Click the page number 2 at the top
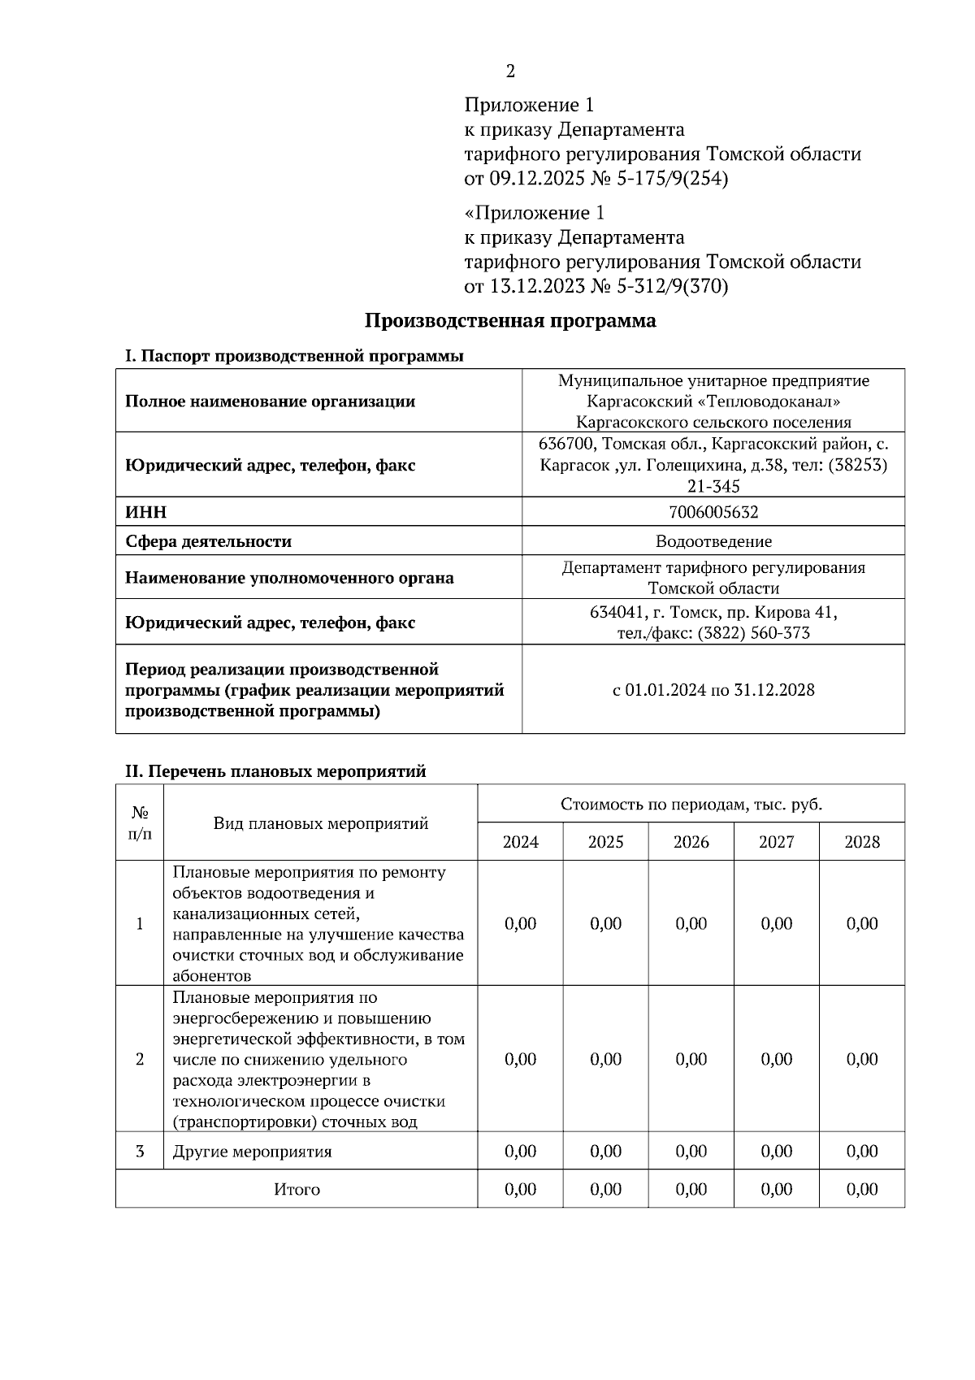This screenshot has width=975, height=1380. [510, 72]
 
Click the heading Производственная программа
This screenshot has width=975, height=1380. [509, 320]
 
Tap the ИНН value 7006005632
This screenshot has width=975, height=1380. [713, 512]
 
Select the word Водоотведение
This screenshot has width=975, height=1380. [713, 541]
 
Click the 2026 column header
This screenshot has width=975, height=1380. [691, 842]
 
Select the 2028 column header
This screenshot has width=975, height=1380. [861, 842]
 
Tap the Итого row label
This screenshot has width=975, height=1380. [297, 1189]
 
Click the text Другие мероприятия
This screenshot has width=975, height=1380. [253, 1152]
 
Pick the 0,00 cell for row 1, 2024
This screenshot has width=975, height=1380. [520, 924]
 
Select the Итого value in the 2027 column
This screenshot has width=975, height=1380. [776, 1189]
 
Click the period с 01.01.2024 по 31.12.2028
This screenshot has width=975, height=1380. [713, 690]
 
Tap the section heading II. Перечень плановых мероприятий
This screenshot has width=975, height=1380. [275, 771]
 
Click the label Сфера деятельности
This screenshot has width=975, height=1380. [208, 541]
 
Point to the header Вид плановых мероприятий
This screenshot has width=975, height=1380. [320, 823]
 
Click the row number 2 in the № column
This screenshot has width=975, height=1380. [140, 1059]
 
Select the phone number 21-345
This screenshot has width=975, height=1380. [713, 487]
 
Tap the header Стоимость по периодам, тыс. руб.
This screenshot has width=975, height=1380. [691, 805]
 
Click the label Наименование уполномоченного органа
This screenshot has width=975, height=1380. [289, 578]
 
